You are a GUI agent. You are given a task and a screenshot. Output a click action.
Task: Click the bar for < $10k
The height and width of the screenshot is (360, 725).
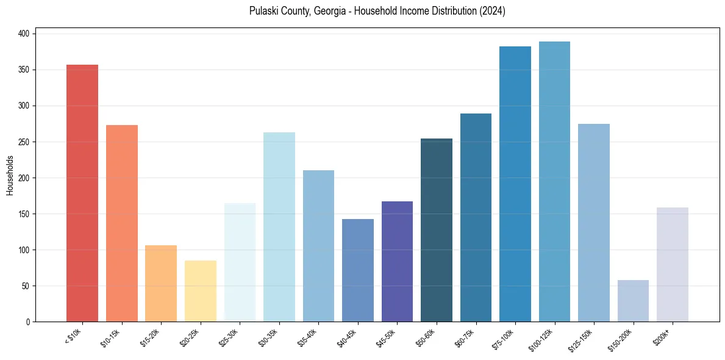pos(82,193)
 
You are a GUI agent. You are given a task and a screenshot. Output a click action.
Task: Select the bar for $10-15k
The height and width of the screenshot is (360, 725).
pos(121,223)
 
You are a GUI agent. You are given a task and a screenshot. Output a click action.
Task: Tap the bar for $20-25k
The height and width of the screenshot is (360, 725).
pos(200,291)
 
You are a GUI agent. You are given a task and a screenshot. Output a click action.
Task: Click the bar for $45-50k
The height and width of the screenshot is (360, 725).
pos(397,261)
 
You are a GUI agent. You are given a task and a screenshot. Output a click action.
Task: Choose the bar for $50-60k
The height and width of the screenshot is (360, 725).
pos(437,230)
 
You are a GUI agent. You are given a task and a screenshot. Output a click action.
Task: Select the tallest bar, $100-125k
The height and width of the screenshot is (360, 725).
pos(554,181)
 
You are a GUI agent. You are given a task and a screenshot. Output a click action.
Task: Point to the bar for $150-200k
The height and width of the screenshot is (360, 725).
pos(633,301)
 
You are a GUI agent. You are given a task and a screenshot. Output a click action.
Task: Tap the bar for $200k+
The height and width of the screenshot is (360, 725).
pos(673,264)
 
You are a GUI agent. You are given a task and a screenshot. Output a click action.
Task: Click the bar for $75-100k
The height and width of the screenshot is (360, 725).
pos(515,184)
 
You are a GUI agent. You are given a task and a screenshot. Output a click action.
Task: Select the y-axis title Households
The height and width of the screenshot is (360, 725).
pos(10,175)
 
